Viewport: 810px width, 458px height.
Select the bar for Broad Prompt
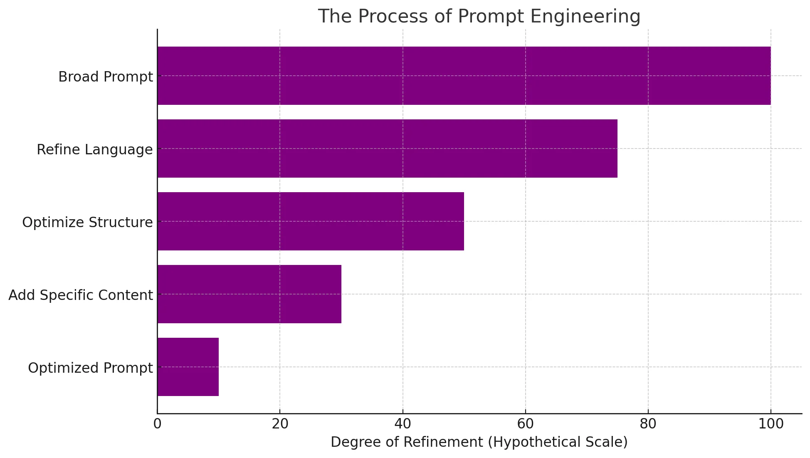(x=464, y=76)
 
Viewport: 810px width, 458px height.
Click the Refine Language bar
(x=387, y=149)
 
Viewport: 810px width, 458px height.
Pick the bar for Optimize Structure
(x=311, y=221)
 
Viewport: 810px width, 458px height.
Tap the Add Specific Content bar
(x=249, y=294)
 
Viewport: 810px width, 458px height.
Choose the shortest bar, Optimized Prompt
(x=188, y=367)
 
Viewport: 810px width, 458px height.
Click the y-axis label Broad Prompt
(x=106, y=77)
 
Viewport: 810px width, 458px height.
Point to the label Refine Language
(x=95, y=150)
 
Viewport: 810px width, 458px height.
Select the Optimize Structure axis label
(x=87, y=223)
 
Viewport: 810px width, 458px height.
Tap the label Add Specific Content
(x=81, y=295)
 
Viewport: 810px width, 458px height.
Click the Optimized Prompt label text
(x=90, y=368)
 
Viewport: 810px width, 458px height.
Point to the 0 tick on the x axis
(x=157, y=424)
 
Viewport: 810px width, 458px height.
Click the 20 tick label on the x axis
(x=280, y=424)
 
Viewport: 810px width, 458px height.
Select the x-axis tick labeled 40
(x=403, y=424)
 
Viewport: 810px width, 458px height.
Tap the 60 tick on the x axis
(x=525, y=424)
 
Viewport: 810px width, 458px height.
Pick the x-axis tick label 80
(x=648, y=424)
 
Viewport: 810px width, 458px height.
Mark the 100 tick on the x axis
(x=770, y=424)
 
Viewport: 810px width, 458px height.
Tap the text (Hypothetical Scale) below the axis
(x=558, y=442)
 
